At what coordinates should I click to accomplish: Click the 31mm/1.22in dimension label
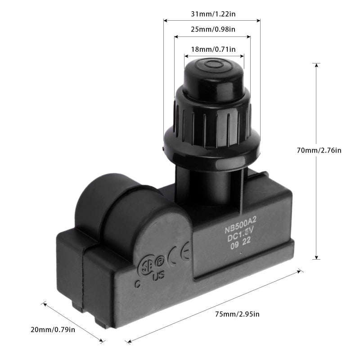click(212, 14)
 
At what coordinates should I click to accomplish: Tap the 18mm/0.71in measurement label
click(214, 49)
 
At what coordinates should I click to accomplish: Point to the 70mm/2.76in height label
click(323, 150)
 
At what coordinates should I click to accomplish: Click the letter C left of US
click(137, 283)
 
